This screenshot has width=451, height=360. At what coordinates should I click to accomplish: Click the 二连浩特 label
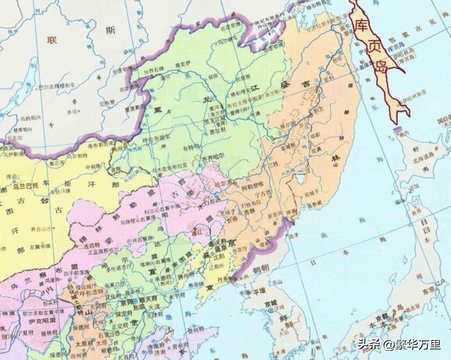tap(87, 245)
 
